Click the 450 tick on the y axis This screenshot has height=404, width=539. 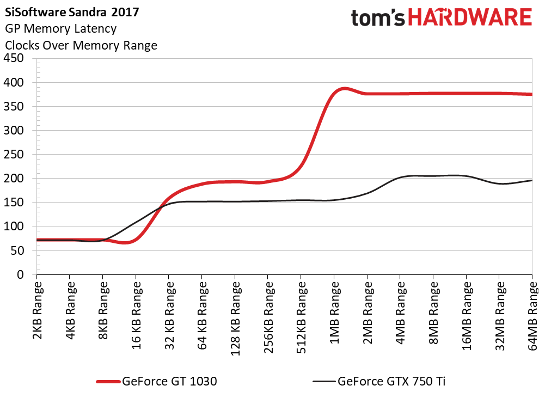click(17, 59)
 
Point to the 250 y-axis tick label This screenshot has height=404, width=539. click(17, 155)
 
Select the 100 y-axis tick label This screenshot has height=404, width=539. click(17, 227)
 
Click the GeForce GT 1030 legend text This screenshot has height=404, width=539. click(170, 382)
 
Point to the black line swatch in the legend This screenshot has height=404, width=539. click(323, 382)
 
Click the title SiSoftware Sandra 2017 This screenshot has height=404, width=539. click(68, 11)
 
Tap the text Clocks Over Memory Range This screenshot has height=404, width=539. click(81, 45)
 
